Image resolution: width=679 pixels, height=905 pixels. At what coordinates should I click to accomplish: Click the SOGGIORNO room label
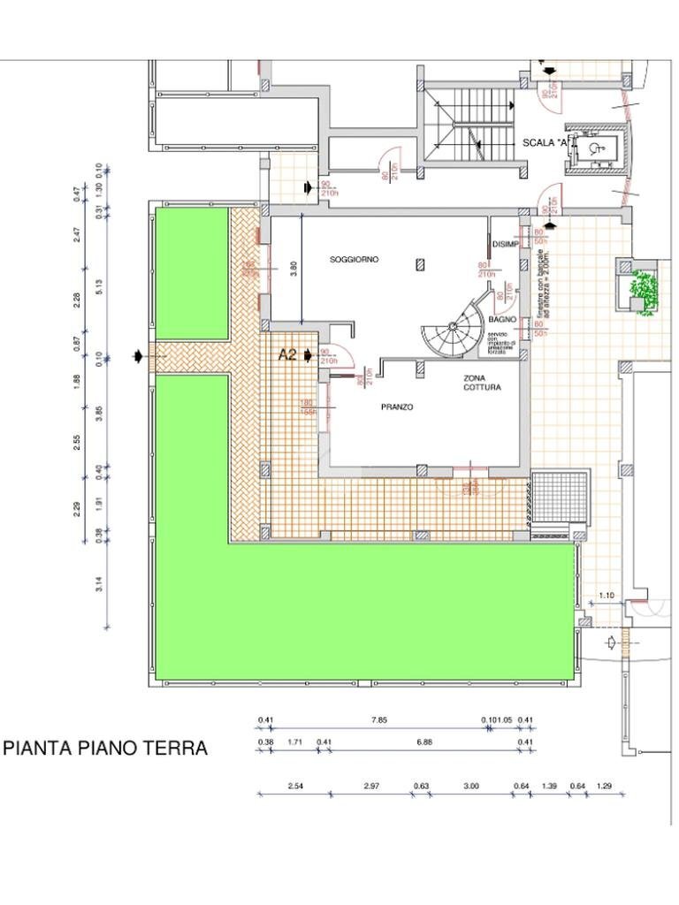[x=355, y=260]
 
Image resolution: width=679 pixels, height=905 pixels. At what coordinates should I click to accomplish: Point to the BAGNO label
[x=501, y=318]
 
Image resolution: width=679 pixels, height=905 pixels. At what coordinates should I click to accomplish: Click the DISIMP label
[x=505, y=246]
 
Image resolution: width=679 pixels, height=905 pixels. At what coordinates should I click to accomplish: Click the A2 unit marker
[x=287, y=355]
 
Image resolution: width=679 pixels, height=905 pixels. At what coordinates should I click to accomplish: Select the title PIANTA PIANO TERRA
[x=106, y=749]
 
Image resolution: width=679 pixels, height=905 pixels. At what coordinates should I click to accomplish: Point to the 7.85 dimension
[x=378, y=720]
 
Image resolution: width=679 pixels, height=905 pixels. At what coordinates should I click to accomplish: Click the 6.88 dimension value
[x=424, y=742]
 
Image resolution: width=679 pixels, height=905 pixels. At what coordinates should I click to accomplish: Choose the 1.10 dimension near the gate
[x=607, y=596]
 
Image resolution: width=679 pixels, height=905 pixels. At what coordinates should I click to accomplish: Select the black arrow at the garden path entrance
[x=138, y=356]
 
